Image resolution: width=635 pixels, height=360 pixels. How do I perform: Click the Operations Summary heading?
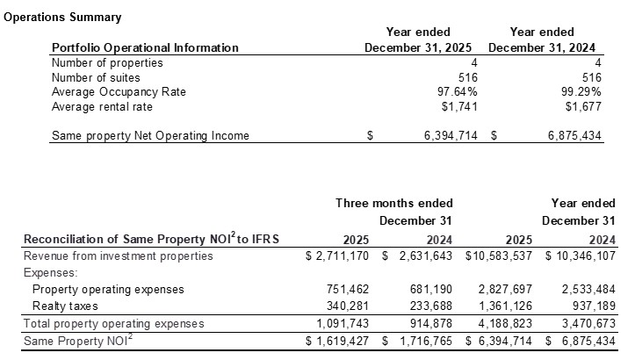62,18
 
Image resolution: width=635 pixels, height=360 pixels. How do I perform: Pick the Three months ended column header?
374,203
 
